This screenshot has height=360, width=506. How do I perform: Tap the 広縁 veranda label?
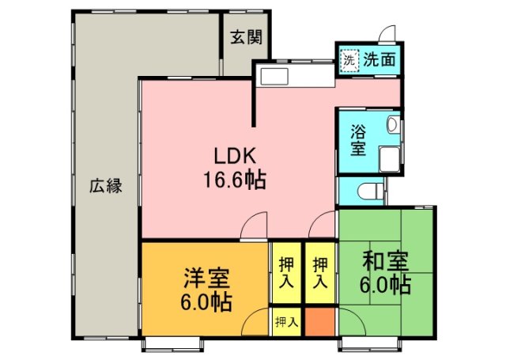coord(104,188)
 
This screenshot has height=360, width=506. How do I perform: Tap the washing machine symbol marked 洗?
coord(349,59)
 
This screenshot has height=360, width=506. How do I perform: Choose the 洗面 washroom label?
coord(379,59)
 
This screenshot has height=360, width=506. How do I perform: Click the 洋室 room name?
coord(207,279)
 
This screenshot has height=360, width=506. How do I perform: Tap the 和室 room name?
coord(385,260)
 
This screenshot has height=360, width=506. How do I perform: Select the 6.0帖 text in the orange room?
coord(207,302)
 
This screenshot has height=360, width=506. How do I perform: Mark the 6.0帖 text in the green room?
coord(385,285)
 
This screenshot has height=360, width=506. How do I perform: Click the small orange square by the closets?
coord(320,322)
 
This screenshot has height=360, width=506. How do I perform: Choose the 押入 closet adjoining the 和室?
coord(320,271)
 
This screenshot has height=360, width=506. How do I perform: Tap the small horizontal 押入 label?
coord(286,322)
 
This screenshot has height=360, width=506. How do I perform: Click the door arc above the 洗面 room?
coord(387,34)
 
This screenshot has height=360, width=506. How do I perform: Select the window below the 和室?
coord(364,343)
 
